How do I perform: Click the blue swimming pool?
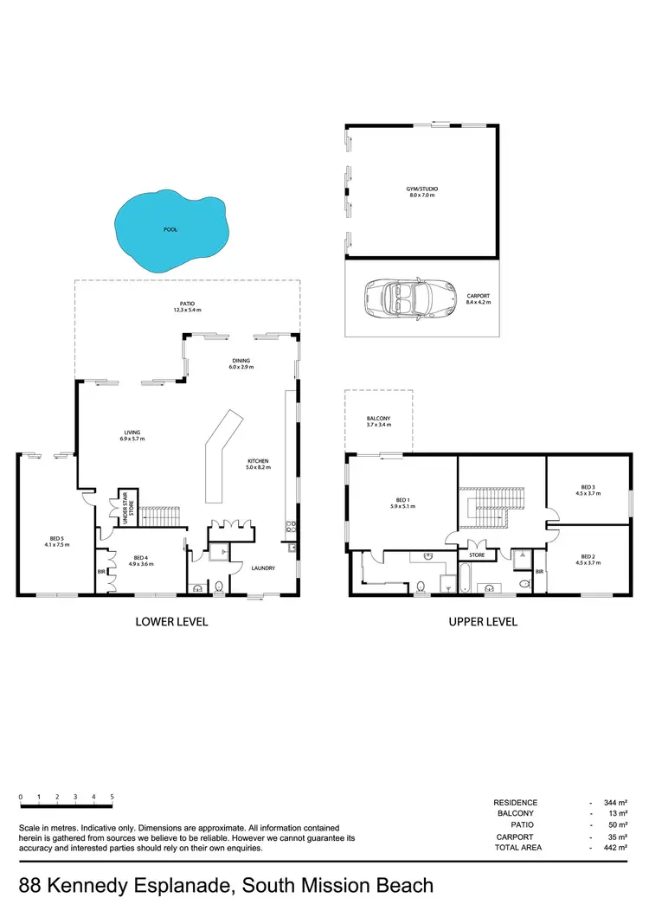(173, 228)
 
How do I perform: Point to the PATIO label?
(187, 304)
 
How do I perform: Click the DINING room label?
(241, 361)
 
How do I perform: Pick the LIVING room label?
(132, 433)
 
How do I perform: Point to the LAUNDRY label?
(263, 568)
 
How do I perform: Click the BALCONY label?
(378, 419)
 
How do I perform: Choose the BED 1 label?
(402, 499)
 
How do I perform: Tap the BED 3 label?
(588, 487)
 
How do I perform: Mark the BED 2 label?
(588, 556)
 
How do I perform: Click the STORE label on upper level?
(476, 555)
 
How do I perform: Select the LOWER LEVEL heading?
(170, 621)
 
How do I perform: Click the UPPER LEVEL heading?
(482, 621)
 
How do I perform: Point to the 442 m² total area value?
(615, 848)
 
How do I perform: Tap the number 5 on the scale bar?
(112, 796)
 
